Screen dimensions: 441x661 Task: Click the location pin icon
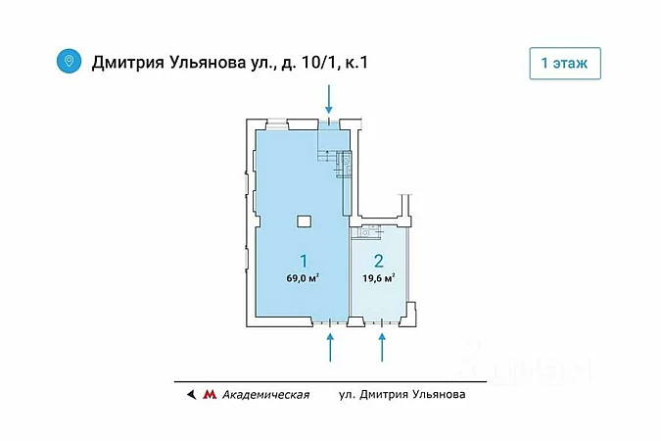point(69,62)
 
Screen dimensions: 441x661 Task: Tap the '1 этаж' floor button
point(565,62)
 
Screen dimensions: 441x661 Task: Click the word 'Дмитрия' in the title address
point(130,63)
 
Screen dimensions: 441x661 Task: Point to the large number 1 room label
point(304,262)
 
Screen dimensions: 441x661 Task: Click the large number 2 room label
point(379,262)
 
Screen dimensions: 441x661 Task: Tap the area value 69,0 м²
point(303,278)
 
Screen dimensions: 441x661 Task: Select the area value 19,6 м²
point(379,278)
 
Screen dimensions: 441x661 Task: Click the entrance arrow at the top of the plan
point(330,98)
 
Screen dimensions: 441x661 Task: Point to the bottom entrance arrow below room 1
point(332,347)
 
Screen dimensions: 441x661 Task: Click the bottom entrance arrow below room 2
point(382,347)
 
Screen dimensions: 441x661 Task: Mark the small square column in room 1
point(305,220)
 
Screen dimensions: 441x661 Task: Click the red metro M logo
point(209,395)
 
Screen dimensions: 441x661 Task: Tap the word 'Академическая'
point(265,395)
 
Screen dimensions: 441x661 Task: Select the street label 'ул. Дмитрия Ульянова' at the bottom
point(401,395)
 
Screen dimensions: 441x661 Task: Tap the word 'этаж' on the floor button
point(573,62)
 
